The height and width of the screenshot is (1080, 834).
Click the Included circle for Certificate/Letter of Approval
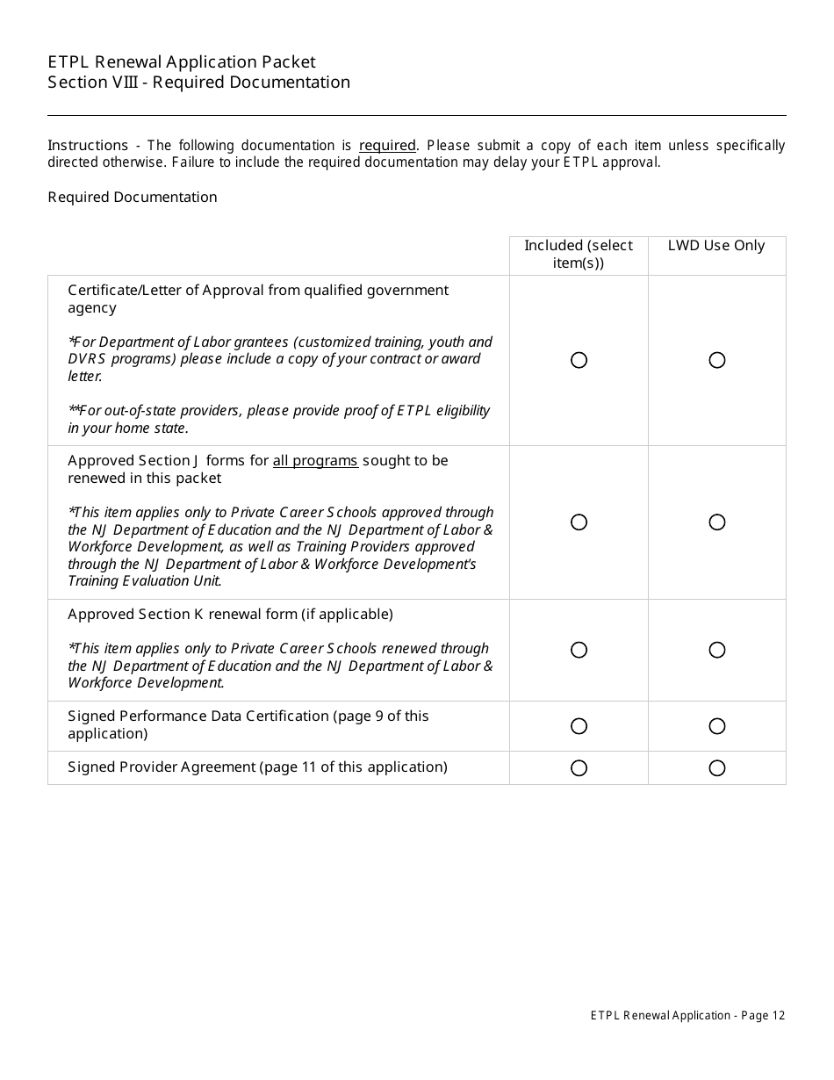tap(579, 360)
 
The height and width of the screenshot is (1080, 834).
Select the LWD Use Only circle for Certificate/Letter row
tap(717, 360)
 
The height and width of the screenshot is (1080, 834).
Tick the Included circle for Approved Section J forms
tap(579, 522)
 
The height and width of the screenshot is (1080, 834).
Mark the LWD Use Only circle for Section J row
tap(717, 522)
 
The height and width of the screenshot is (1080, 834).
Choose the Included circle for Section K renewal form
tap(579, 650)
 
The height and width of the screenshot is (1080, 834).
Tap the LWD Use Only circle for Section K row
tap(717, 650)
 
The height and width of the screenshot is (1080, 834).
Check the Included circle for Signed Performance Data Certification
tap(579, 726)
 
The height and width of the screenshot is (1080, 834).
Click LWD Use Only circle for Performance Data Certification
tap(717, 726)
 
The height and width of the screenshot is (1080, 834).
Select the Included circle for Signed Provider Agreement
tap(579, 768)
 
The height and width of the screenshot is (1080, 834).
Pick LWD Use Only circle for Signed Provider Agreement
tap(717, 768)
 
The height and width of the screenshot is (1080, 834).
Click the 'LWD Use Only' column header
tap(716, 246)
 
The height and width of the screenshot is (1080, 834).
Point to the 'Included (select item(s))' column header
tap(579, 254)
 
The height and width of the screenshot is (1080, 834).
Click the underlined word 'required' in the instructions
tap(387, 146)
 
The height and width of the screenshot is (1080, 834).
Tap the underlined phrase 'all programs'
tap(315, 461)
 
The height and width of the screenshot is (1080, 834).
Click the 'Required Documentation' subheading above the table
tap(133, 198)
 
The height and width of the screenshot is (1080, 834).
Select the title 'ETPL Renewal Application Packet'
tap(182, 62)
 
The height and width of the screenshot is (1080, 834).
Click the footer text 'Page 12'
tap(763, 1016)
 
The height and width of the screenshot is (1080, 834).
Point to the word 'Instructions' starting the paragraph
tap(88, 146)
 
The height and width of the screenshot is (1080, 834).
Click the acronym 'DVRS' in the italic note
tap(88, 359)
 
